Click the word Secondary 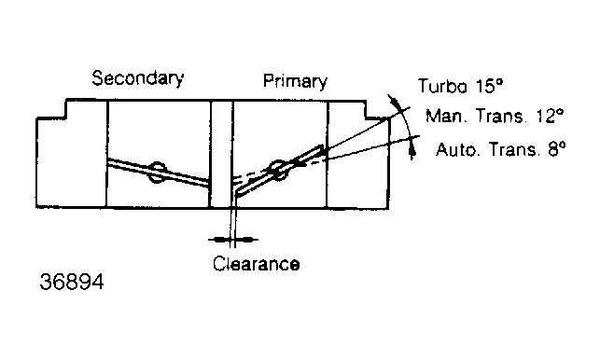pos(138,78)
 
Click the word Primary pos(295,81)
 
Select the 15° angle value pos(489,85)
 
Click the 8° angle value pos(556,148)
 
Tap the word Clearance pos(256,264)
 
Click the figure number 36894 pos(72,282)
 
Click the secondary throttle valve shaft pos(158,173)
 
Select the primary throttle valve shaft pos(278,171)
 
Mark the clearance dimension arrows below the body pos(233,240)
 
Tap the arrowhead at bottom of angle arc pos(412,153)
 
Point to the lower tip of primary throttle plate pos(236,196)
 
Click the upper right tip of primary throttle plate pos(322,146)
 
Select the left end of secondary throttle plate pos(108,161)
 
